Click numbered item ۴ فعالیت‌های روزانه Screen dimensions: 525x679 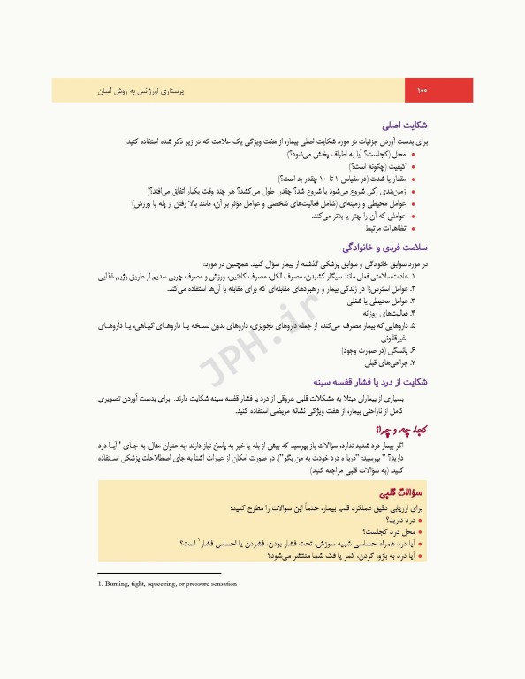tap(394, 313)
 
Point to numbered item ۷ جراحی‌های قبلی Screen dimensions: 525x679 tap(393, 362)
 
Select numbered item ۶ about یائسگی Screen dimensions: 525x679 tap(381, 350)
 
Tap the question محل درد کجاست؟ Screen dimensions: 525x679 tap(392, 533)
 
